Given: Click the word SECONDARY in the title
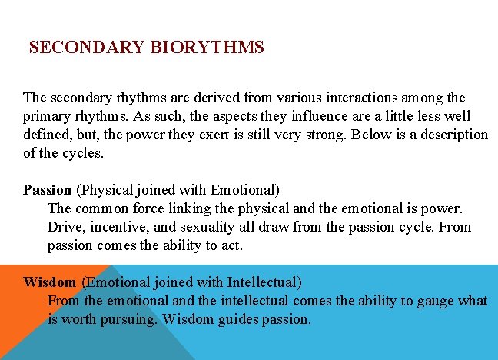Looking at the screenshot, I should [87, 48].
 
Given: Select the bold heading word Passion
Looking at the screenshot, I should [47, 189].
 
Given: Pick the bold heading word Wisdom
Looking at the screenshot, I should [49, 282].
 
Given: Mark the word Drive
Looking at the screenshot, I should [65, 227].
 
